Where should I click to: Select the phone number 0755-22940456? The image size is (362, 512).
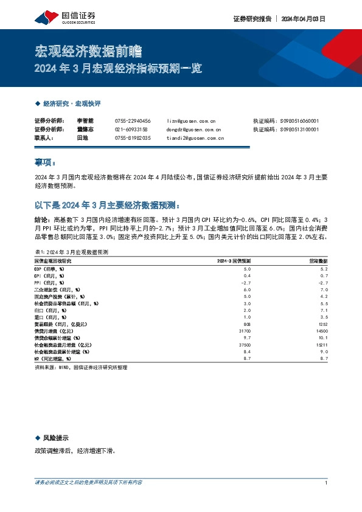click(133, 121)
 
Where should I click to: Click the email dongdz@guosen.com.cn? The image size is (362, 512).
click(193, 130)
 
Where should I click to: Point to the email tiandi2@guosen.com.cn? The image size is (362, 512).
click(195, 138)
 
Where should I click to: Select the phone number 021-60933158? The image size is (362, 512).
click(131, 130)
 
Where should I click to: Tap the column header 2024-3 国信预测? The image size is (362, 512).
click(234, 260)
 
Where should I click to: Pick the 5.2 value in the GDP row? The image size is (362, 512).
click(324, 268)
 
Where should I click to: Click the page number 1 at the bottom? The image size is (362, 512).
click(327, 483)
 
